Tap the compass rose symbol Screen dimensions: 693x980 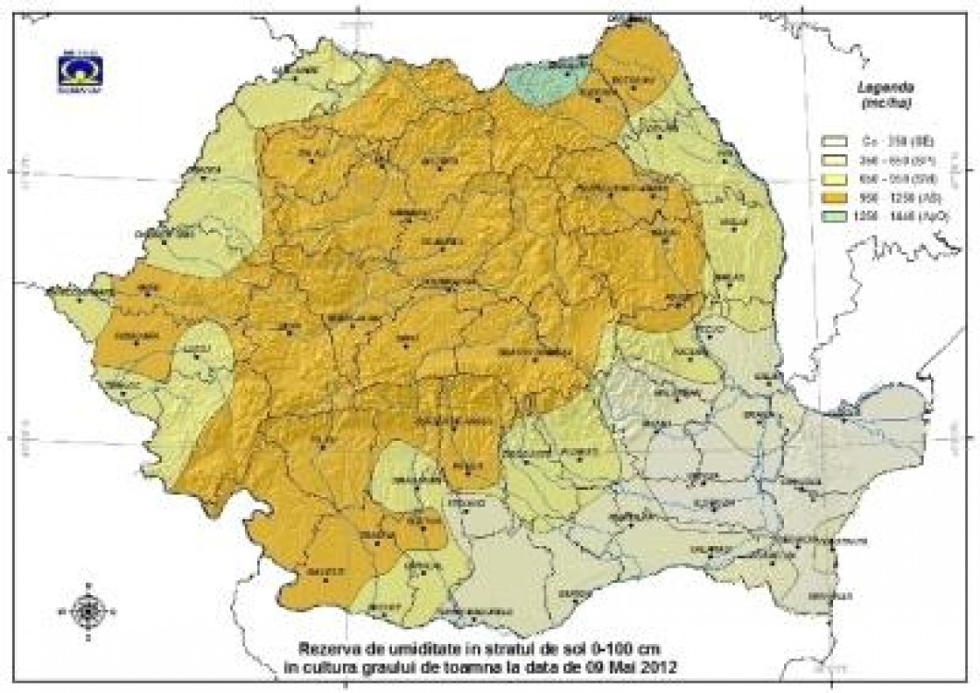(88, 609)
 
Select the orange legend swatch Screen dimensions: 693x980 (833, 199)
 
